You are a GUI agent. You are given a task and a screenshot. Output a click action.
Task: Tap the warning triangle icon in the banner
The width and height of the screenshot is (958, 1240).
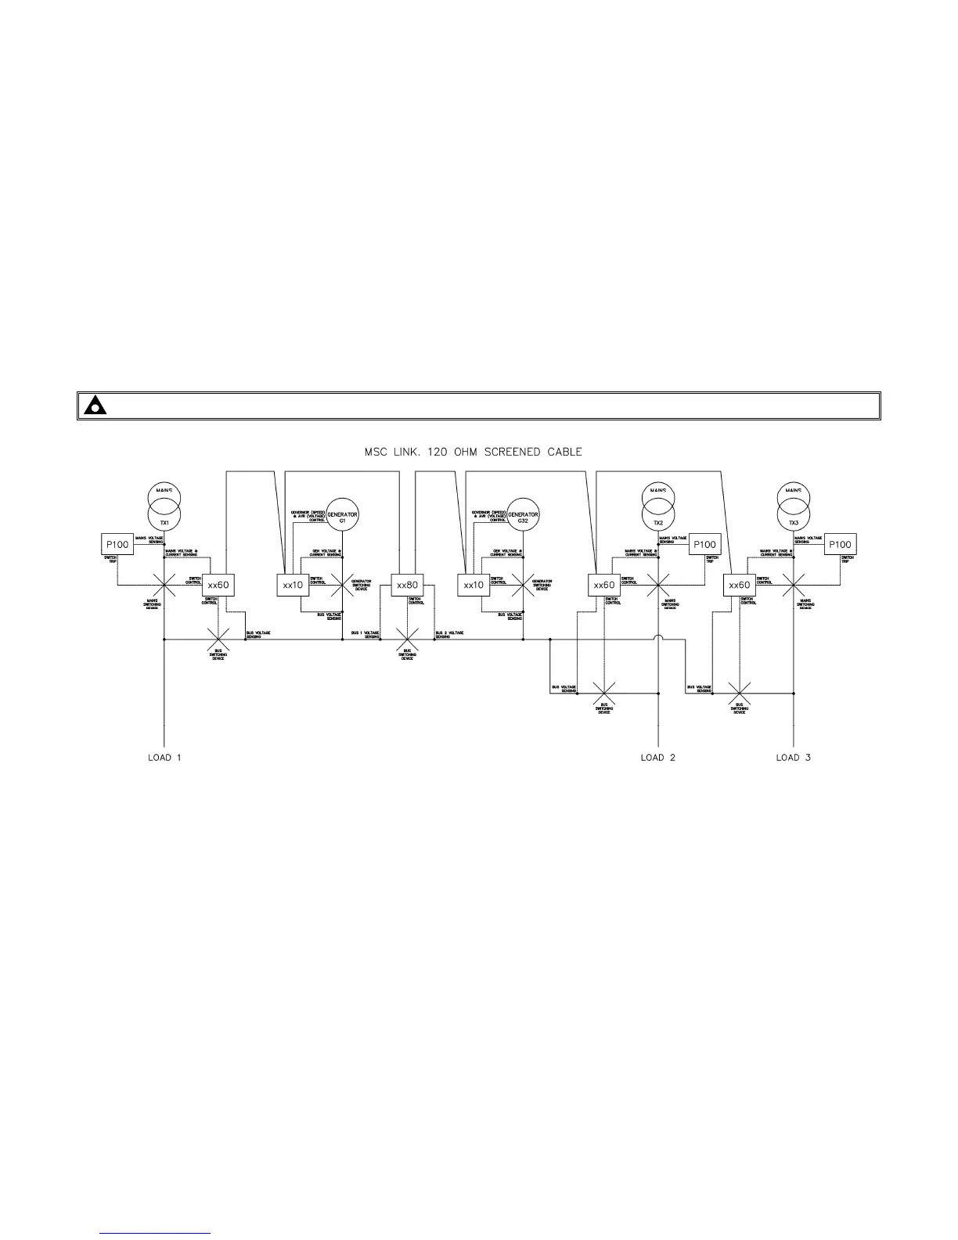pyautogui.click(x=96, y=406)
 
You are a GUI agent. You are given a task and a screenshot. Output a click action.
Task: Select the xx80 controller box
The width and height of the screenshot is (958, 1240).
pyautogui.click(x=407, y=585)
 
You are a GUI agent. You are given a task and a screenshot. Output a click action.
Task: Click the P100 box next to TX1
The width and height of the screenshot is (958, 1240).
pyautogui.click(x=117, y=545)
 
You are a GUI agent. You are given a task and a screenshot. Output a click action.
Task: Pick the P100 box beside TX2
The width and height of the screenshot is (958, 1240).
pyautogui.click(x=705, y=545)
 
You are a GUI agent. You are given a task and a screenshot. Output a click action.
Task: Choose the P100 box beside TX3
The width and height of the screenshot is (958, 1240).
pyautogui.click(x=840, y=545)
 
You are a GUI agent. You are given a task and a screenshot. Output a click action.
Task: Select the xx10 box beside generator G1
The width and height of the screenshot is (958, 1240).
pyautogui.click(x=293, y=585)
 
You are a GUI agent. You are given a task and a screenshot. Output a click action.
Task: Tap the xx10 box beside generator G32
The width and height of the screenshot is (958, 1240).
pyautogui.click(x=473, y=585)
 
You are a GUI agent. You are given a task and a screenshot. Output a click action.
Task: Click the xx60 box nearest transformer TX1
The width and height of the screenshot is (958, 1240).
pyautogui.click(x=218, y=585)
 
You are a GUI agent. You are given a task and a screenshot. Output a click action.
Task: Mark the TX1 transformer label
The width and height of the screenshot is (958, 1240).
pyautogui.click(x=164, y=522)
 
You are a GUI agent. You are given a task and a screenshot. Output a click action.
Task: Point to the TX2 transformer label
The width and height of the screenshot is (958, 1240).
pyautogui.click(x=658, y=522)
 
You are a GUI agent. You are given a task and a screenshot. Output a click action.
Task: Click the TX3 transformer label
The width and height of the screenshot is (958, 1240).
pyautogui.click(x=794, y=522)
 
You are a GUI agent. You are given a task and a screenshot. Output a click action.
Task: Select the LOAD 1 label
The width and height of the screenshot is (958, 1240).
pyautogui.click(x=164, y=757)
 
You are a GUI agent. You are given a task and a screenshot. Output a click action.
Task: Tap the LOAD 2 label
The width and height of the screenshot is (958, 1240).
pyautogui.click(x=657, y=757)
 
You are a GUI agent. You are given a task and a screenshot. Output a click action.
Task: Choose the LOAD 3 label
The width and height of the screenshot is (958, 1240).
pyautogui.click(x=793, y=757)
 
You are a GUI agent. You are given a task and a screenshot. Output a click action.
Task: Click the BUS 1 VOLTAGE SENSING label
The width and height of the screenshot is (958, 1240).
pyautogui.click(x=366, y=634)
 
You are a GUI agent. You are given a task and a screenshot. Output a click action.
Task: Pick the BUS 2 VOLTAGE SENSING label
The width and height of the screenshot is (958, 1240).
pyautogui.click(x=450, y=634)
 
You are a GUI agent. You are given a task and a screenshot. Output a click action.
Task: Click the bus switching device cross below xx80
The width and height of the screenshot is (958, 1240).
pyautogui.click(x=407, y=640)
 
